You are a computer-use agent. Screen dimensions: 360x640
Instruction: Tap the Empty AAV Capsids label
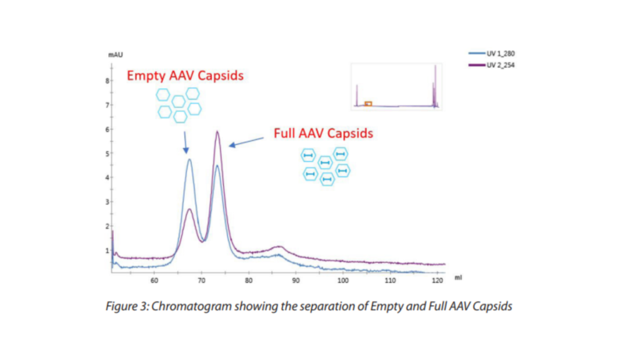click(x=185, y=76)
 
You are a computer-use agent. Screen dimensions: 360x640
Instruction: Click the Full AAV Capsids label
click(x=323, y=133)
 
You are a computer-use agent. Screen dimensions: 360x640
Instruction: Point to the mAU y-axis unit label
click(x=114, y=56)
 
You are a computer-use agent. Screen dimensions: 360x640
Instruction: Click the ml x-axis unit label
click(x=458, y=276)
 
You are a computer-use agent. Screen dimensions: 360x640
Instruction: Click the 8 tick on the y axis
click(x=107, y=81)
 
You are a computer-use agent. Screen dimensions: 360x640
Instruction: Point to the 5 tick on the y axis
click(x=107, y=153)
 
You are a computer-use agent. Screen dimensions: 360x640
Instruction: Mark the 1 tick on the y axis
click(x=107, y=250)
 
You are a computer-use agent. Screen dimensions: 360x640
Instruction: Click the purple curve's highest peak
click(x=217, y=132)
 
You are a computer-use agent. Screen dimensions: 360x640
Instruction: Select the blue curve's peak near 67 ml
click(x=189, y=160)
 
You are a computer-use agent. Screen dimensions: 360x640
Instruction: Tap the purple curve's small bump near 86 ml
click(x=279, y=247)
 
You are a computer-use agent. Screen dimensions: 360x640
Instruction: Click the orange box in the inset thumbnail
click(x=368, y=103)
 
